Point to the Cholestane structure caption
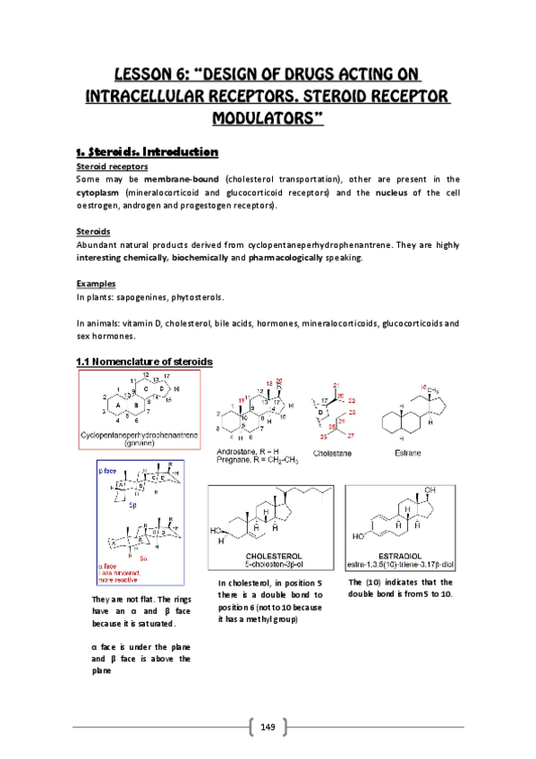point(333,453)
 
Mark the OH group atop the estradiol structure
point(431,490)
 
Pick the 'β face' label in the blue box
point(111,468)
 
